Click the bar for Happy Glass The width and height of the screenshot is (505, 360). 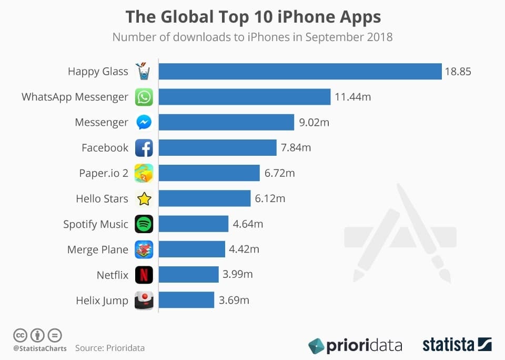pyautogui.click(x=300, y=72)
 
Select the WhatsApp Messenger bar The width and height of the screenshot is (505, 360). pyautogui.click(x=245, y=97)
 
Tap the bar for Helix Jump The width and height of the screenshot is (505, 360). pyautogui.click(x=186, y=300)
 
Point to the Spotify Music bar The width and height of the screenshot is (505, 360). pyautogui.click(x=194, y=224)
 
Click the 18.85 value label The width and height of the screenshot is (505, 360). pyautogui.click(x=458, y=72)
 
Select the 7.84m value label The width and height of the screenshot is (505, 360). pyautogui.click(x=296, y=148)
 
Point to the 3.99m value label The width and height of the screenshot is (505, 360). pyautogui.click(x=238, y=275)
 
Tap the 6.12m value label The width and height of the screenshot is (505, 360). pyautogui.click(x=270, y=198)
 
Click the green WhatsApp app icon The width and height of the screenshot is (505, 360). pyautogui.click(x=144, y=97)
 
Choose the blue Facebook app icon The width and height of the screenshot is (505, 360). pyautogui.click(x=144, y=148)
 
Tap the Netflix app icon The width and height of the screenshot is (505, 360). pyautogui.click(x=144, y=275)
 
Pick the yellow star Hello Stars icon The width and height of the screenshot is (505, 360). pyautogui.click(x=144, y=198)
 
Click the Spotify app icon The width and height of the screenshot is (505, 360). pyautogui.click(x=144, y=224)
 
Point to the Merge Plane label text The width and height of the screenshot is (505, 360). pyautogui.click(x=98, y=249)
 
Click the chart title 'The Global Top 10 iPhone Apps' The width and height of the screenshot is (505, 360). pyautogui.click(x=252, y=17)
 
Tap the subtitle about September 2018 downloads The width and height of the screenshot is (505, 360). pyautogui.click(x=252, y=37)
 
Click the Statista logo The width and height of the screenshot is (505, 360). pyautogui.click(x=457, y=345)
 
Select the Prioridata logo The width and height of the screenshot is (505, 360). pyautogui.click(x=355, y=345)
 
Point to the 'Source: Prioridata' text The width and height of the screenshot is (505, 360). pyautogui.click(x=109, y=348)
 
